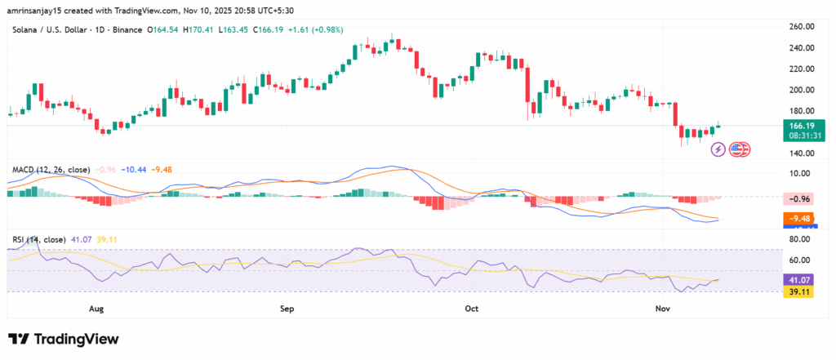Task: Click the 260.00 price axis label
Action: click(x=800, y=26)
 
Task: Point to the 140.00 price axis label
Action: click(x=800, y=153)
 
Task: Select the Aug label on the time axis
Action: click(x=97, y=309)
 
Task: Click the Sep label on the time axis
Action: click(x=287, y=309)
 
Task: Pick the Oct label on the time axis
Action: click(x=471, y=309)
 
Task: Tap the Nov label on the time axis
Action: click(x=663, y=309)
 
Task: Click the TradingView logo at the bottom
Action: click(x=64, y=339)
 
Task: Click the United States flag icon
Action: click(x=740, y=149)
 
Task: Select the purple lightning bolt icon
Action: click(x=718, y=149)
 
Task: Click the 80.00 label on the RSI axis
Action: click(x=800, y=239)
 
